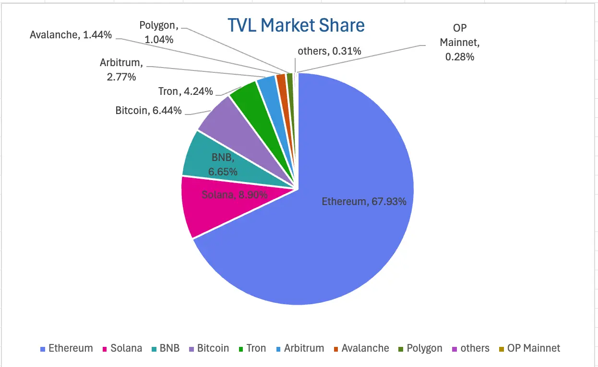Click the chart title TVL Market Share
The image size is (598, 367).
tap(296, 25)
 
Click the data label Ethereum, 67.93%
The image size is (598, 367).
tap(364, 202)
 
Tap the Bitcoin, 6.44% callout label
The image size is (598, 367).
tap(148, 111)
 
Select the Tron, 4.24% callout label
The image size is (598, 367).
tap(185, 91)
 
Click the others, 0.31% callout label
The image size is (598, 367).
tap(329, 51)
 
